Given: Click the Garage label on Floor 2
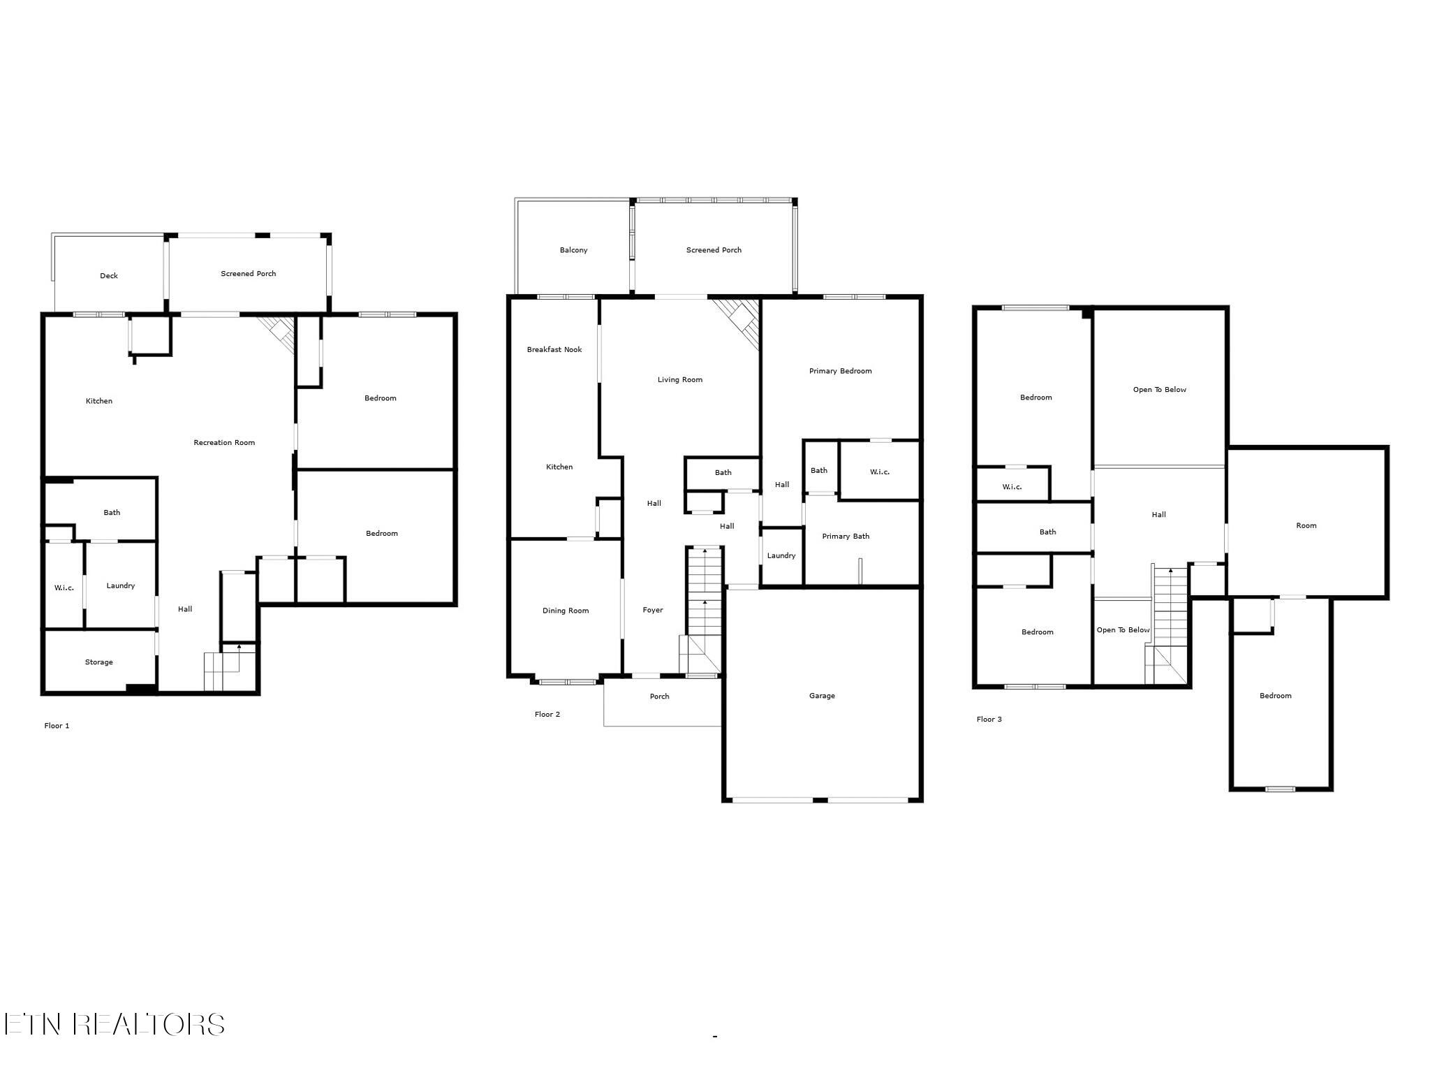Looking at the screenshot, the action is point(822,696).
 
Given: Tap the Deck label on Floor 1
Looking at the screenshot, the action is point(109,276).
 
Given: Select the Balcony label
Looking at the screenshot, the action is point(574,250).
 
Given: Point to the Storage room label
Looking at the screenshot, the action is point(99,662).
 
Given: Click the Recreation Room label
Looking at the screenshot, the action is point(224,442).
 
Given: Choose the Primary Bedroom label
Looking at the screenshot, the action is point(841,371).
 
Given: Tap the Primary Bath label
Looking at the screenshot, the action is point(846,536).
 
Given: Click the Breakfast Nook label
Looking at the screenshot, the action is point(554,349).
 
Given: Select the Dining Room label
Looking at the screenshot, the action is point(566,611).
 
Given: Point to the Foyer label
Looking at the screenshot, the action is point(653,610).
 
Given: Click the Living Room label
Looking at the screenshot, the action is point(680,380).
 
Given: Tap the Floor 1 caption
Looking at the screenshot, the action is point(57,726).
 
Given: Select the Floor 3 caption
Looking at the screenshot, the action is point(989,720).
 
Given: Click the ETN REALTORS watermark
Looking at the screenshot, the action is point(114,1024).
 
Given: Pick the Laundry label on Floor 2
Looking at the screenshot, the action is point(781,556).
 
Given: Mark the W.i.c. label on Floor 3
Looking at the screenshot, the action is point(1012,487).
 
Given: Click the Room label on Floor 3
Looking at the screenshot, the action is point(1306,526).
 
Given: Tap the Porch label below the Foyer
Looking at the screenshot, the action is point(660,696).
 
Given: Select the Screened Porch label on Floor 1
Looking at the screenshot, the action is point(249,274).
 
